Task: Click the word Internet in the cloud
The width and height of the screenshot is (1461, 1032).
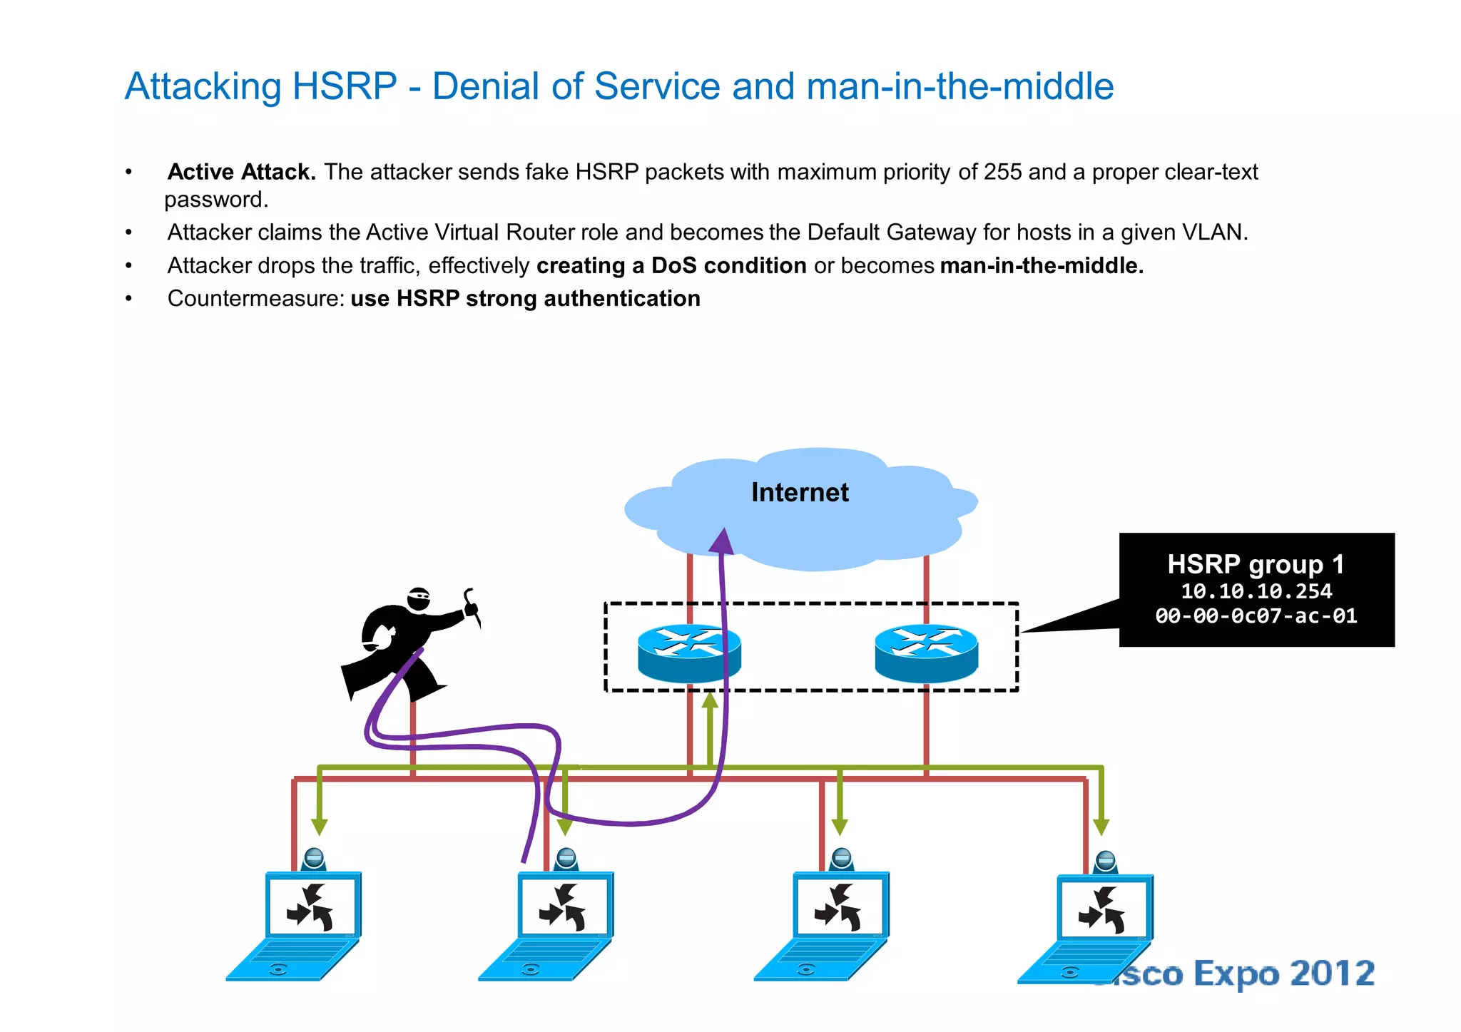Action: coord(800,492)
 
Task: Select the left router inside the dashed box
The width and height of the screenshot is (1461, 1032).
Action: coord(688,653)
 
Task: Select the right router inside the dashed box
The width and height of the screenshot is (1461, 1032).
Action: coord(926,653)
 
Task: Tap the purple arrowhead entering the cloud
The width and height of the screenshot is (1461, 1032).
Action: coord(723,541)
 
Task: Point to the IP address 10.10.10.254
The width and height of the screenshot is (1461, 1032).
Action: coord(1256,591)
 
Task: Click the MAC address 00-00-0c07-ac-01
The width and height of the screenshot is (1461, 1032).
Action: coord(1256,615)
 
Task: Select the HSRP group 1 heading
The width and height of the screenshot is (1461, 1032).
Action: coord(1256,564)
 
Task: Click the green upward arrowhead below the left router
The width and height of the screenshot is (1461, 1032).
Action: coord(710,700)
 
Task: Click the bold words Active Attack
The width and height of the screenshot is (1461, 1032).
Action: coord(241,172)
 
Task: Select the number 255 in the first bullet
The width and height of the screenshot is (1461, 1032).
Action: coord(1002,172)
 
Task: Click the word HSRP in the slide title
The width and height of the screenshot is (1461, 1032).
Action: coord(345,86)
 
